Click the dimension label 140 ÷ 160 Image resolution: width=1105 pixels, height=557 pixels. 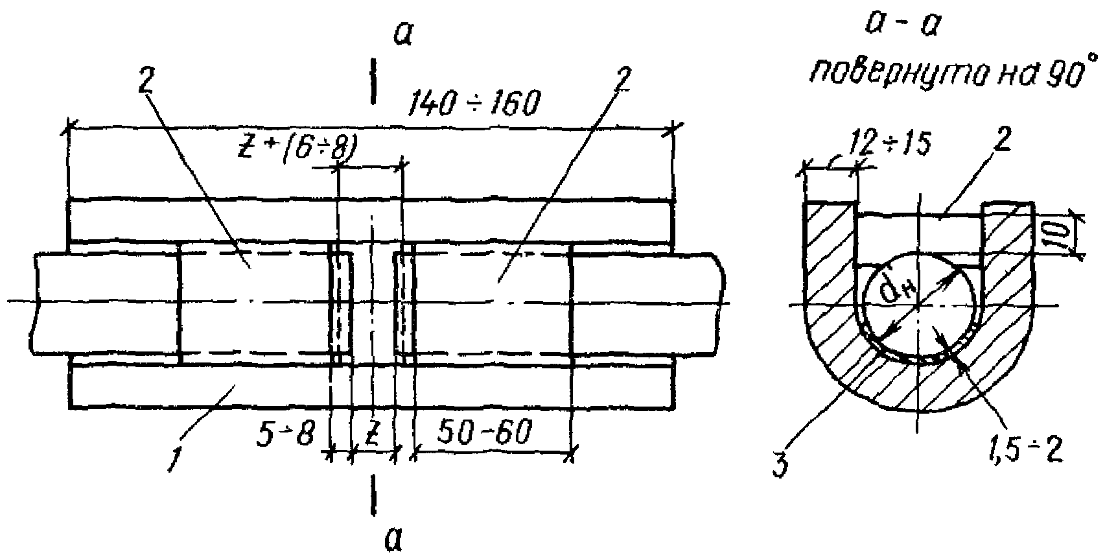click(x=474, y=102)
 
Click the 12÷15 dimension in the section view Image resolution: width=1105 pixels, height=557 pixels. click(x=891, y=145)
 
